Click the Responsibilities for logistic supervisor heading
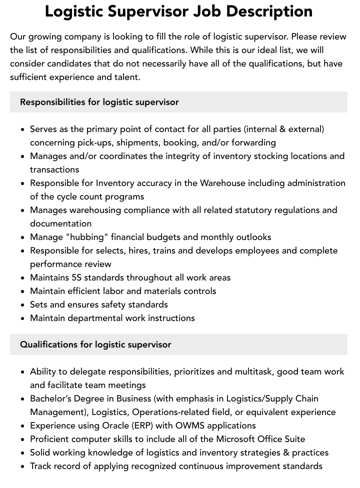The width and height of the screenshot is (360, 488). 99,102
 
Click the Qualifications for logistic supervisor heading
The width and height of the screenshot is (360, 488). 95,344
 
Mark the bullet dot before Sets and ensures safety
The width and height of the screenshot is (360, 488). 23,305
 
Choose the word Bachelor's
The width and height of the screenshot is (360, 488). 52,398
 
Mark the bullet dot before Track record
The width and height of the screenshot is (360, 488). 23,466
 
